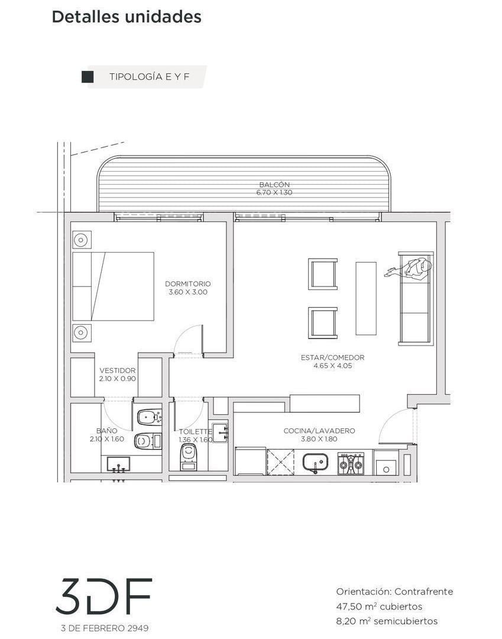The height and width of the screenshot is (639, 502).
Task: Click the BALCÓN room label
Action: (x=274, y=185)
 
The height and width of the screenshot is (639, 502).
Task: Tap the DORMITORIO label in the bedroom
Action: (x=187, y=283)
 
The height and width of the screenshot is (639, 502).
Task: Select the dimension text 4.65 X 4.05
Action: (x=333, y=366)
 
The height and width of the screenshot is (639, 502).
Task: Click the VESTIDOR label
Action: (x=117, y=370)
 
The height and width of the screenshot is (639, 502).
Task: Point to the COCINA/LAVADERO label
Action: (x=319, y=431)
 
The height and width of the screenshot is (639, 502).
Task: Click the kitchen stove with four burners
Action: (x=351, y=463)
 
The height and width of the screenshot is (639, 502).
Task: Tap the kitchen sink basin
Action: (x=316, y=463)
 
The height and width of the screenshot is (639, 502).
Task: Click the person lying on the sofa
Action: (x=409, y=268)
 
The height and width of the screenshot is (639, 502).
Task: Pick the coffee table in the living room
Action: (x=366, y=298)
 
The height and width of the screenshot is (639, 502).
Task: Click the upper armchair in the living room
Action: (x=323, y=274)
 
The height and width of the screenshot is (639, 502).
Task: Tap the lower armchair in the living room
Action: (x=323, y=323)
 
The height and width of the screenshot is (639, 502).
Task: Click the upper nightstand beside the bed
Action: (x=82, y=240)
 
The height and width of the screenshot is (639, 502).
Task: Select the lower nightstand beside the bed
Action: (x=82, y=333)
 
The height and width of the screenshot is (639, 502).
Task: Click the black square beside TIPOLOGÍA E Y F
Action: (x=88, y=77)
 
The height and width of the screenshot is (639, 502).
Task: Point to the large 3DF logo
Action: (x=103, y=596)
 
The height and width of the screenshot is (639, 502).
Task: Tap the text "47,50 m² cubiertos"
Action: (x=379, y=606)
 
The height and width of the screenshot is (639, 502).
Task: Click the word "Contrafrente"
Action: (x=423, y=591)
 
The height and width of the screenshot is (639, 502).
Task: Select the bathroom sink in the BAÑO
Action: (x=118, y=464)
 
